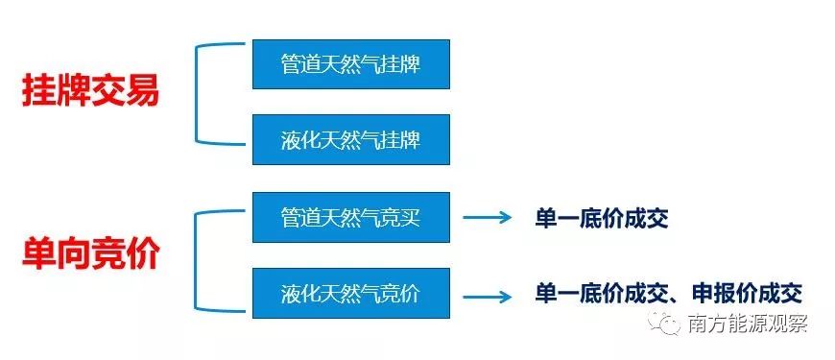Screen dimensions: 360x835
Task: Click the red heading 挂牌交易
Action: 90,93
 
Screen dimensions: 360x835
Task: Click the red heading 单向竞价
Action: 90,255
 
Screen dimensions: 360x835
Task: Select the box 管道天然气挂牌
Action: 351,64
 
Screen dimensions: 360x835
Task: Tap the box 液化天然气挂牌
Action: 351,140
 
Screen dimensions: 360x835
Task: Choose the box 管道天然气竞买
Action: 351,218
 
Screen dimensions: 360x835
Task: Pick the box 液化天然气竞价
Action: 351,293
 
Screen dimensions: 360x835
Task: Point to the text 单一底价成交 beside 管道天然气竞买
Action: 601,219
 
